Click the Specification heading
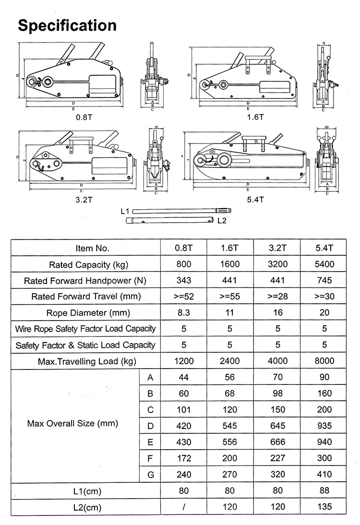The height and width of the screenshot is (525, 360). pos(67,25)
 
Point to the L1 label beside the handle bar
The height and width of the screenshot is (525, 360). pos(126,210)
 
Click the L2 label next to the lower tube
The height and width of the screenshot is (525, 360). pos(221,221)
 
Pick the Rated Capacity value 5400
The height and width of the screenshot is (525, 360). pos(324,264)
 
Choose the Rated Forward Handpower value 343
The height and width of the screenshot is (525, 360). pos(183,280)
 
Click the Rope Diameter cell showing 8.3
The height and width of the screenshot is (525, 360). pos(183,312)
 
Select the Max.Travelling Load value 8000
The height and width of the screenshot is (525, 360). pos(324,361)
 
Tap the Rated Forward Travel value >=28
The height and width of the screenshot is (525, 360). pos(277,297)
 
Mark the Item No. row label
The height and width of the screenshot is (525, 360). pos(93,248)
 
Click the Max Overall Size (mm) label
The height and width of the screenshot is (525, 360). pos(72,423)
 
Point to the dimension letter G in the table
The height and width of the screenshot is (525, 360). pos(150,474)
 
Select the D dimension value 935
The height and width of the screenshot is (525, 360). pos(324,426)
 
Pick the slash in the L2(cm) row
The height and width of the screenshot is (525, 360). pos(183,507)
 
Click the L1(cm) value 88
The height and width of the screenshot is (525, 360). pos(324,491)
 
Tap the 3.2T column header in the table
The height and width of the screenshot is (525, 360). pos(277,248)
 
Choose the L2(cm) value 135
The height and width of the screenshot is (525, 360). pos(324,507)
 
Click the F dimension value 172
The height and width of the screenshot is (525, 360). pos(183,458)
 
